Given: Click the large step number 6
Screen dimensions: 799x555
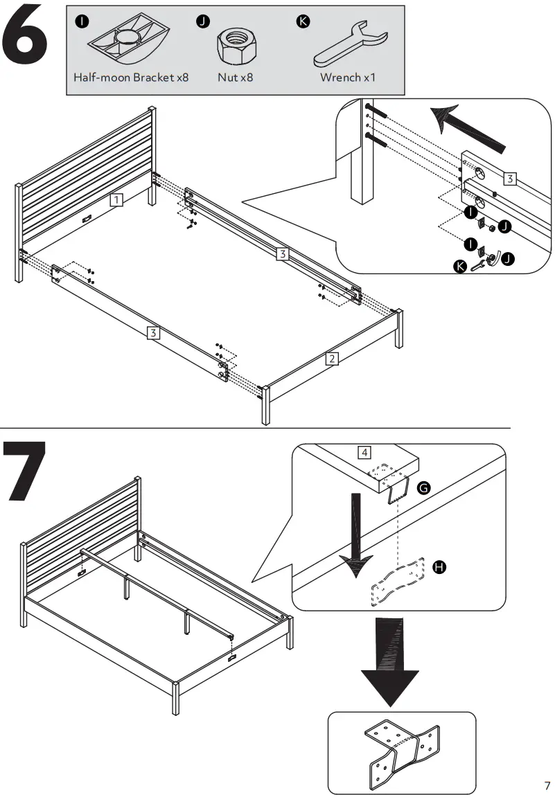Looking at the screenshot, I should point(28,35).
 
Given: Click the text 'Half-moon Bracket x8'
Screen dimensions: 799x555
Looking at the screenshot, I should point(131,78).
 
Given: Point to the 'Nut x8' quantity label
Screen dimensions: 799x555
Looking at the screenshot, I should point(235,78).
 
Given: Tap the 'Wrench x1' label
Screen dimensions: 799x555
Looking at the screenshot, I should point(347,78).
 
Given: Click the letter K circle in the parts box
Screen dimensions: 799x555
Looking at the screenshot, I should point(302,21).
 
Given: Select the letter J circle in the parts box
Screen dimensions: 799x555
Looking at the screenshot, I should point(202,21).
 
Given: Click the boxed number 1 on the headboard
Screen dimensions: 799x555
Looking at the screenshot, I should point(117,200).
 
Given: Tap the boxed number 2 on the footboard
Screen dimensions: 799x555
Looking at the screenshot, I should point(332,359).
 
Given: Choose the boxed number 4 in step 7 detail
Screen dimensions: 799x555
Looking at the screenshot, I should point(364,454).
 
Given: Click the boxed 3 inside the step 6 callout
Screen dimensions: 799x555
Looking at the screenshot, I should point(509,179).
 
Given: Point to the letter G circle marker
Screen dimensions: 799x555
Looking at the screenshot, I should point(425,489).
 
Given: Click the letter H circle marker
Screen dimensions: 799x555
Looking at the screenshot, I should point(439,567).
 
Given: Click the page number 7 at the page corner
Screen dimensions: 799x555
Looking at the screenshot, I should point(547,786).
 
